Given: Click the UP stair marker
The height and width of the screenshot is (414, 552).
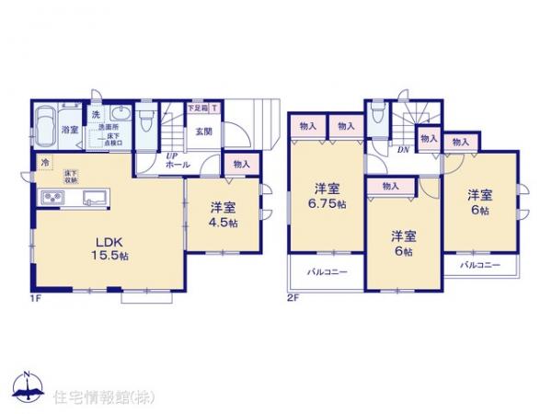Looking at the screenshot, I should click(171, 156).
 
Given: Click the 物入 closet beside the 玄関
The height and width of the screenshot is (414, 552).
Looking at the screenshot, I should click(240, 165).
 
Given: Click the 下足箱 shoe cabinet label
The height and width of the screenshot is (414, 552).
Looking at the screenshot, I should click(196, 108).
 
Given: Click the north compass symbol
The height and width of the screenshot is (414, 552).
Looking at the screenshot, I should click(28, 386).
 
